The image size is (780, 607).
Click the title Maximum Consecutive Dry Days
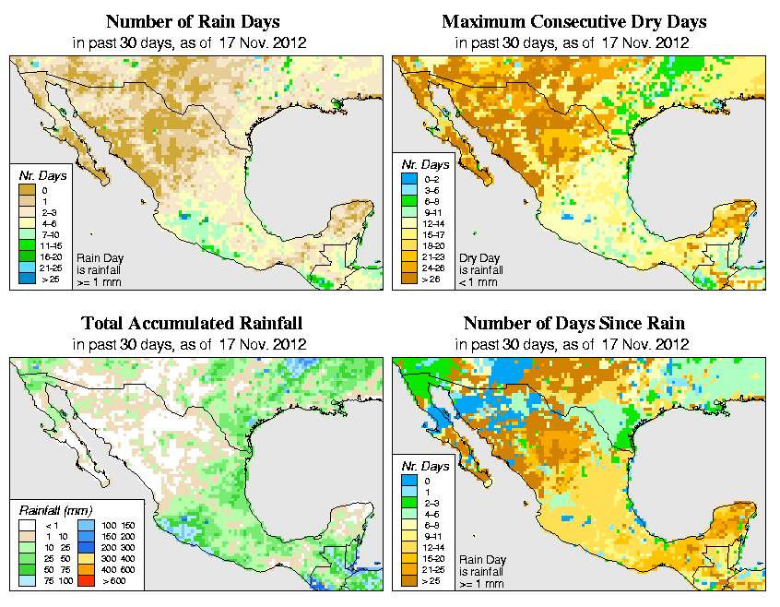(574, 21)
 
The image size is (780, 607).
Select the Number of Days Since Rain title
(574, 324)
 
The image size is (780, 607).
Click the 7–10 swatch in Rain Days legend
(26, 235)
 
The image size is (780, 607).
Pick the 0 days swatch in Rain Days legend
(26, 190)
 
